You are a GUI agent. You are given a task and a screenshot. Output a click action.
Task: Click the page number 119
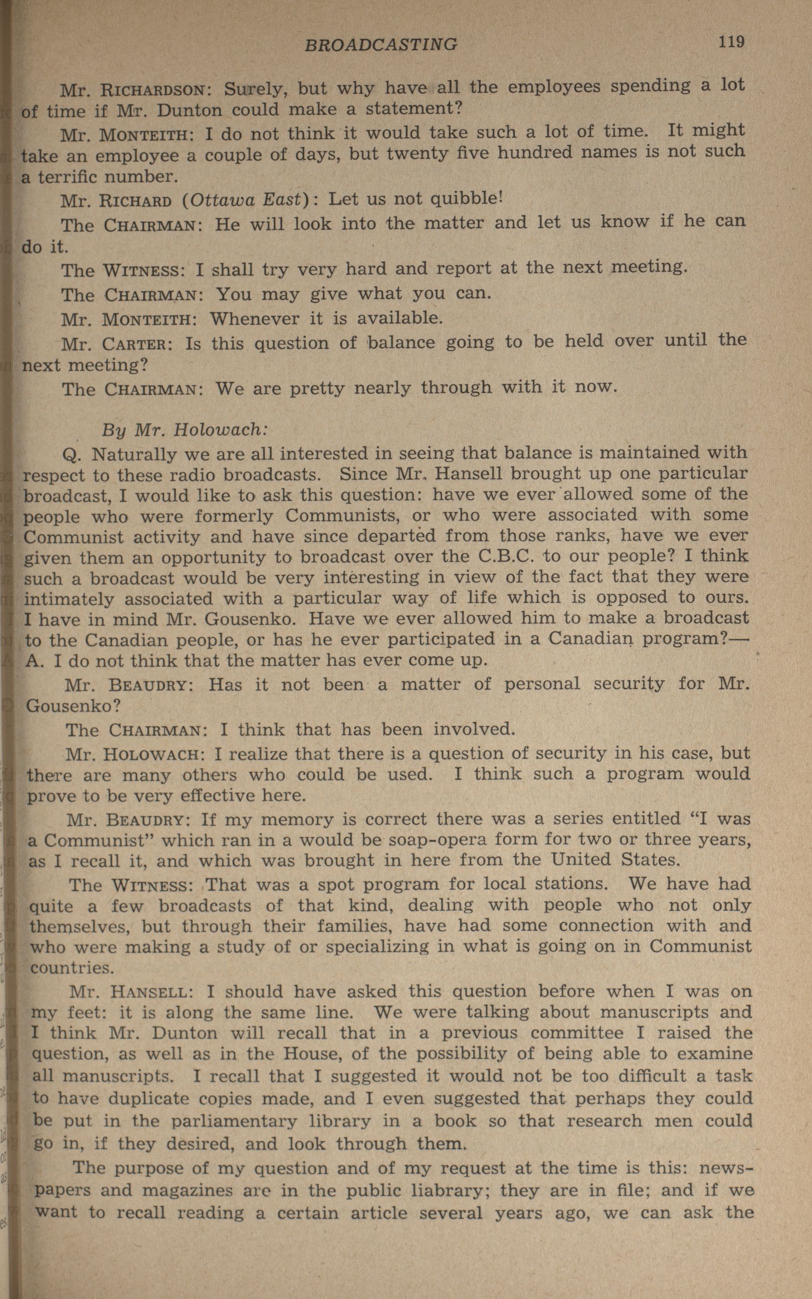(x=732, y=41)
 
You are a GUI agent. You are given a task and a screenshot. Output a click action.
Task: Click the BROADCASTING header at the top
(x=381, y=44)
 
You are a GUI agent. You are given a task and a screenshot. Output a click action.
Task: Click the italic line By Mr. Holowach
(x=184, y=430)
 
